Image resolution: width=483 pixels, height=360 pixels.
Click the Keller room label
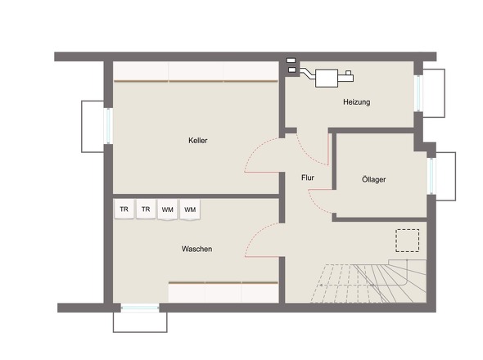pyautogui.click(x=198, y=141)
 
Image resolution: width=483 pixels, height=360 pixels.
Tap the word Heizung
pyautogui.click(x=357, y=102)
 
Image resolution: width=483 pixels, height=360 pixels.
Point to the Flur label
pyautogui.click(x=308, y=178)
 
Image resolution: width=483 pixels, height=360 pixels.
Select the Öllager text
pyautogui.click(x=373, y=179)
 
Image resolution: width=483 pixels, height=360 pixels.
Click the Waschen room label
pyautogui.click(x=196, y=249)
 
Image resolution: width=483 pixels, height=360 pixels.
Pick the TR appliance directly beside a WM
pyautogui.click(x=146, y=209)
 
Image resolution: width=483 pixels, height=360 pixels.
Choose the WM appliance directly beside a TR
pyautogui.click(x=168, y=209)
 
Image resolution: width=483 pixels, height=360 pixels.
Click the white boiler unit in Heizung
pyautogui.click(x=327, y=79)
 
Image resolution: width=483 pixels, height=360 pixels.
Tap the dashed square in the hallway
pyautogui.click(x=407, y=241)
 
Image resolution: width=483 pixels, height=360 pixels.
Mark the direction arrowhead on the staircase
pyautogui.click(x=321, y=286)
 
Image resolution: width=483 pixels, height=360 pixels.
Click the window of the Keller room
pyautogui.click(x=108, y=126)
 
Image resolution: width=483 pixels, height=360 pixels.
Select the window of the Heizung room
pyautogui.click(x=418, y=93)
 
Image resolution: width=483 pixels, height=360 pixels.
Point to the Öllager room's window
pyautogui.click(x=431, y=176)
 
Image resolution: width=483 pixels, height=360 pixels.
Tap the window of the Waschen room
pyautogui.click(x=140, y=308)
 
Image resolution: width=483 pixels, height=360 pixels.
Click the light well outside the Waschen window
pyautogui.click(x=140, y=322)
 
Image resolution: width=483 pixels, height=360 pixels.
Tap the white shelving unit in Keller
pyautogui.click(x=196, y=71)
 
